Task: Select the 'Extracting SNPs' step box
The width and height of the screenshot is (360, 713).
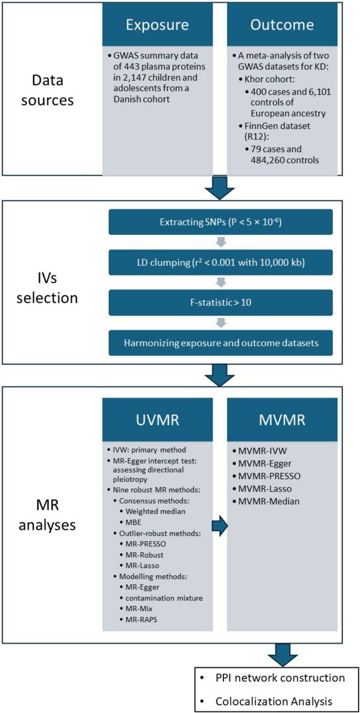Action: pos(220,222)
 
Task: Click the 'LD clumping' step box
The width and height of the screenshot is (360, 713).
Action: pos(220,262)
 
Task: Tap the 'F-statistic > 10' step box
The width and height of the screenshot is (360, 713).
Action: pos(220,302)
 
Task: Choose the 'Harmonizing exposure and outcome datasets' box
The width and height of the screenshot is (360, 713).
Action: pos(220,342)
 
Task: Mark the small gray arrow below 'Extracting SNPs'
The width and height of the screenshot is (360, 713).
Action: pos(220,242)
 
